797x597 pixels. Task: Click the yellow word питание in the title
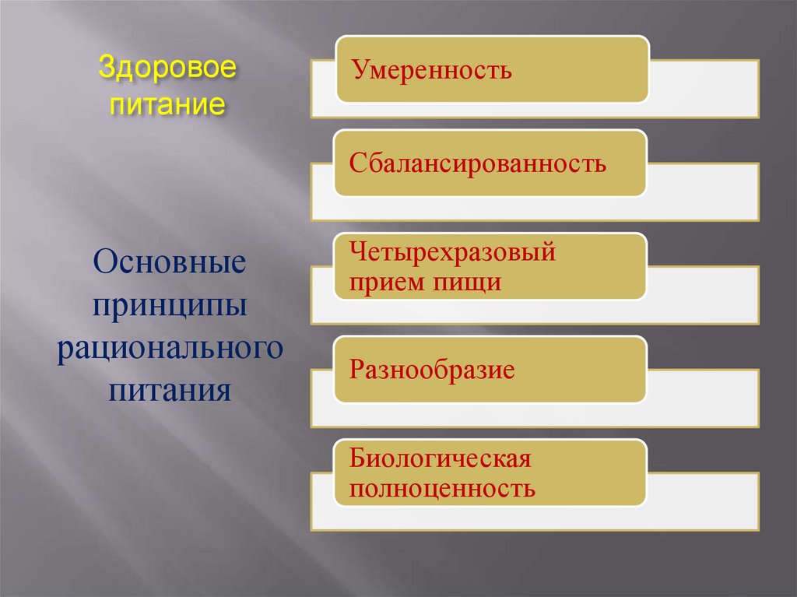pos(166,103)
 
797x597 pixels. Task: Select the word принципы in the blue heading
pos(170,304)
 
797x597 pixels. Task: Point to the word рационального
pos(170,347)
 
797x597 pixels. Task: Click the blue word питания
pos(170,389)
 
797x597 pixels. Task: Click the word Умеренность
pos(430,71)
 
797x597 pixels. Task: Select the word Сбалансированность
pos(477,164)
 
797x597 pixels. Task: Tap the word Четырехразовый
pos(452,252)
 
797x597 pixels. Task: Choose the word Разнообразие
pos(432,369)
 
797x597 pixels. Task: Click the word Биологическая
pos(440,458)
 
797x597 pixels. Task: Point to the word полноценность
pos(442,489)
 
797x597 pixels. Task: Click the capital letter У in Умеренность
pos(356,72)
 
